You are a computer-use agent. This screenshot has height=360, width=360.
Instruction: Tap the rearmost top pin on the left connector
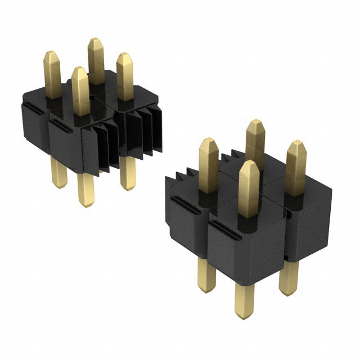coord(94,59)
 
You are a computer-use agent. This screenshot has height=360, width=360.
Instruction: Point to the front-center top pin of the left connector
coord(80,89)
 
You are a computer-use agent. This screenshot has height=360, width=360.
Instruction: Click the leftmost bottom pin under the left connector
coord(58,172)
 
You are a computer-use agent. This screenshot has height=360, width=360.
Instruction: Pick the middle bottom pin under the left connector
coord(86,188)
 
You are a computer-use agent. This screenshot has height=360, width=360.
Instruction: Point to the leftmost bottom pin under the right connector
coord(206,276)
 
